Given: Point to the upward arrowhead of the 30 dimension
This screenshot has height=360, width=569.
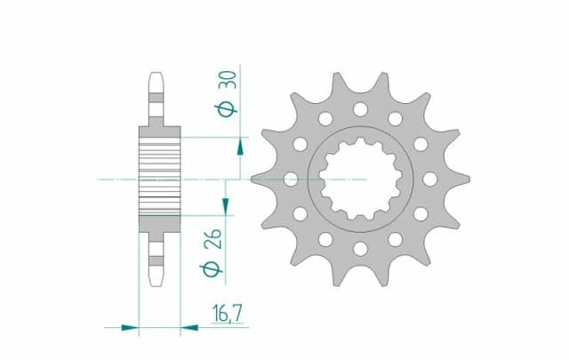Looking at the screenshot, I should [x=238, y=145].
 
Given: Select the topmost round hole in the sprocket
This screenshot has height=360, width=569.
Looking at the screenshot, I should [x=360, y=109].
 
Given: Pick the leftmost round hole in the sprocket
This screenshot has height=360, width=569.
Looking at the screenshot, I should [x=291, y=179].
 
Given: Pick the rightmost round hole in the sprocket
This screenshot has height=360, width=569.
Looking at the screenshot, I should [x=430, y=179].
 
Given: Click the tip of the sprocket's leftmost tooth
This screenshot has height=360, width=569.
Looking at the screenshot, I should [x=253, y=179].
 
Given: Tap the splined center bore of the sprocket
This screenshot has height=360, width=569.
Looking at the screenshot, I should [x=360, y=179].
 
